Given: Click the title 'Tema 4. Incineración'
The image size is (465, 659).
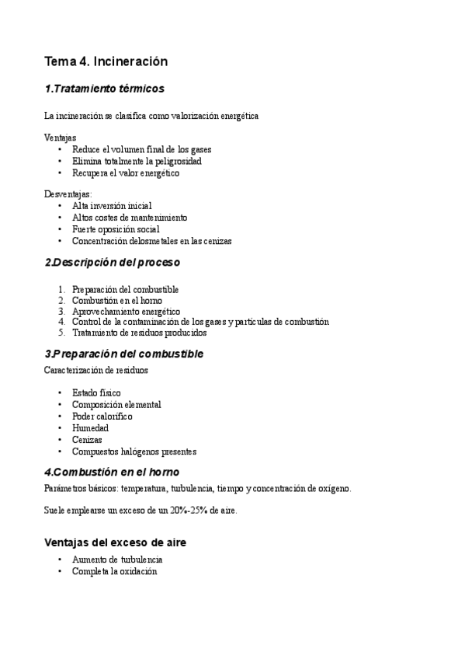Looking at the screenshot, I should pos(106,61).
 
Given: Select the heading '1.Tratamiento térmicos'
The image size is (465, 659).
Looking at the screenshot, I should pos(104,89).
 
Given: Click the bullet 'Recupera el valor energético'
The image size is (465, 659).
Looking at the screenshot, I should pos(125,173).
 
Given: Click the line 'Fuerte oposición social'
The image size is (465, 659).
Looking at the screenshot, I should pos(116,229).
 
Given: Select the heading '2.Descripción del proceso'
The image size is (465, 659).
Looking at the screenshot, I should pos(112,262).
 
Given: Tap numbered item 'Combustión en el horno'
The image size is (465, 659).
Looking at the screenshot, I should pos(117,300).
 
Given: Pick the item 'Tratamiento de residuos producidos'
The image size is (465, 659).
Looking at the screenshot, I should pos(140,333).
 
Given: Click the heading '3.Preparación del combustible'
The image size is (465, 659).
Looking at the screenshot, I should pos(124,354).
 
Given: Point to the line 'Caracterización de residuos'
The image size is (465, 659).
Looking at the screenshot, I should pos(96,370).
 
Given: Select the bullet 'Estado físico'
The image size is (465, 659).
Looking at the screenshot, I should pos(96,393).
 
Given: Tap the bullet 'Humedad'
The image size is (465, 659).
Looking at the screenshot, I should pos(90,428).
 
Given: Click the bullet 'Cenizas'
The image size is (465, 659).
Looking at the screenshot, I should pos(87,440).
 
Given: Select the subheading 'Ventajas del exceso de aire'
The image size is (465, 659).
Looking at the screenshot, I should pos(115,542).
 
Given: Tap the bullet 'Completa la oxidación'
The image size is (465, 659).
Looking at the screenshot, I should pos(114,571).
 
